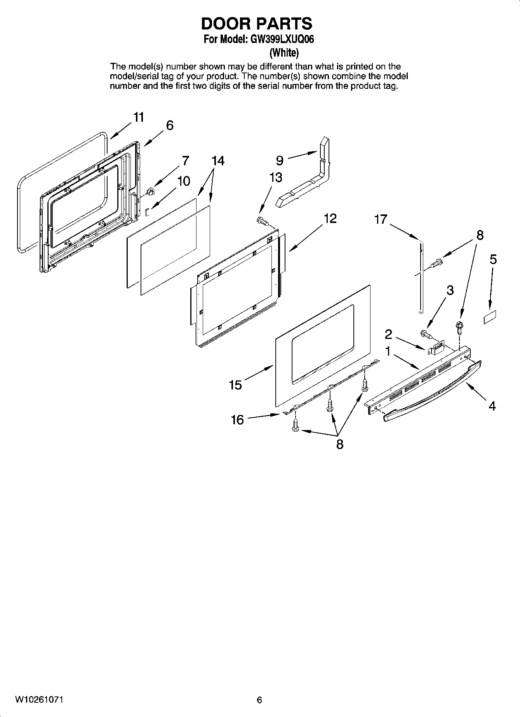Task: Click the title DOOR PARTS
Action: pyautogui.click(x=256, y=24)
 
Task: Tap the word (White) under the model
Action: pyautogui.click(x=284, y=52)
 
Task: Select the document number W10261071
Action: pyautogui.click(x=39, y=700)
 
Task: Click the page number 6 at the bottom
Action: pyautogui.click(x=259, y=700)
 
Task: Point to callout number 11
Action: pyautogui.click(x=139, y=117)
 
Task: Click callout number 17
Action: pyautogui.click(x=381, y=219)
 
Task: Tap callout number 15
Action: pyautogui.click(x=235, y=385)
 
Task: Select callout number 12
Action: pyautogui.click(x=330, y=218)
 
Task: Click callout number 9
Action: pyautogui.click(x=280, y=160)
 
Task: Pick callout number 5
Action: pyautogui.click(x=493, y=259)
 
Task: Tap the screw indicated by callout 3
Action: pyautogui.click(x=426, y=333)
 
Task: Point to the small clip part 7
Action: pyautogui.click(x=151, y=191)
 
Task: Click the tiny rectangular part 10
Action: pyautogui.click(x=147, y=212)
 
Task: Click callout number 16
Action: pyautogui.click(x=237, y=419)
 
